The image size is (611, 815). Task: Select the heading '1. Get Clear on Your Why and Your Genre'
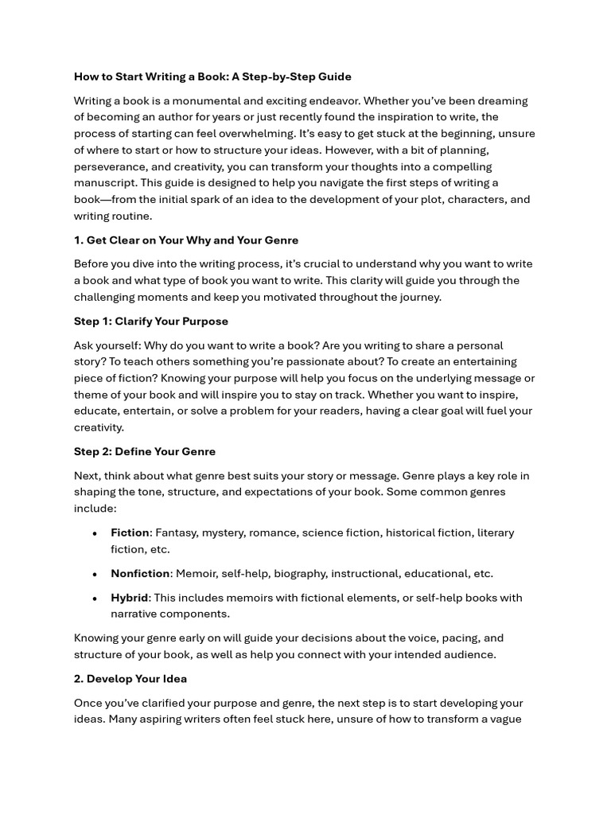186,240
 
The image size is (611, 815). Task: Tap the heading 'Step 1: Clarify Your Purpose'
151,321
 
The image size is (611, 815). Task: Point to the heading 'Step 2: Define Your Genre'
145,451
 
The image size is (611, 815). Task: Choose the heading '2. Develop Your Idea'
130,679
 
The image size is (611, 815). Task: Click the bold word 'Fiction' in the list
130,532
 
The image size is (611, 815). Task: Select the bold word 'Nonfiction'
140,573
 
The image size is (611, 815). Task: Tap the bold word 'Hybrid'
129,598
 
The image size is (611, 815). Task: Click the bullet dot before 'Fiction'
95,533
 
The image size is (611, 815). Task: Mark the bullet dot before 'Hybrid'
95,599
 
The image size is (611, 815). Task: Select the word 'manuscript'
103,183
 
